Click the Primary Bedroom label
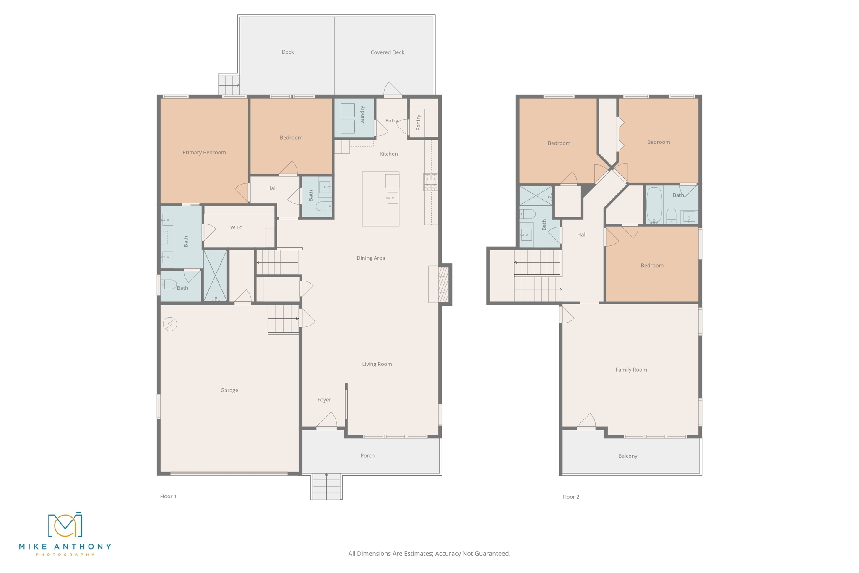pyautogui.click(x=204, y=152)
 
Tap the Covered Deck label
pyautogui.click(x=387, y=52)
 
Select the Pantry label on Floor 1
pyautogui.click(x=418, y=122)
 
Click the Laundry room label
pyautogui.click(x=362, y=115)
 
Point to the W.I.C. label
pyautogui.click(x=237, y=228)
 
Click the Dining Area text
pyautogui.click(x=370, y=258)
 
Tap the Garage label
pyautogui.click(x=229, y=390)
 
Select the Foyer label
pyautogui.click(x=324, y=400)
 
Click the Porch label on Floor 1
pyautogui.click(x=367, y=456)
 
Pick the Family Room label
pyautogui.click(x=631, y=370)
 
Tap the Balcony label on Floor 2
pyautogui.click(x=627, y=456)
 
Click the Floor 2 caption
pyautogui.click(x=570, y=497)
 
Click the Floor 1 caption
pyautogui.click(x=168, y=496)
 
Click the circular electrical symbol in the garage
pyautogui.click(x=170, y=324)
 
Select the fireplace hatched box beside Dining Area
pyautogui.click(x=443, y=284)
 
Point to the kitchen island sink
pyautogui.click(x=393, y=198)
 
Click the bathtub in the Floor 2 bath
pyautogui.click(x=654, y=205)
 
